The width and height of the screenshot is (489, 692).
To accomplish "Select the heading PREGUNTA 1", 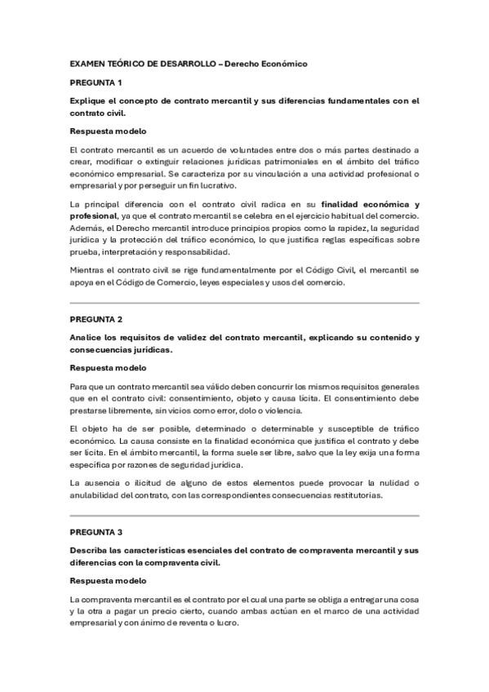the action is coord(96,82).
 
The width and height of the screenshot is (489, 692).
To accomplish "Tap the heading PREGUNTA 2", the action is coord(96,319).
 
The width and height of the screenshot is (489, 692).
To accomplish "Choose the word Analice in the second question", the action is coord(87,338).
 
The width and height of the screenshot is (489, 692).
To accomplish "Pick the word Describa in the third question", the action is coord(89,549).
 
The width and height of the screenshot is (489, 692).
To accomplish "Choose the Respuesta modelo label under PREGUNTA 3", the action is coord(108,580).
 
